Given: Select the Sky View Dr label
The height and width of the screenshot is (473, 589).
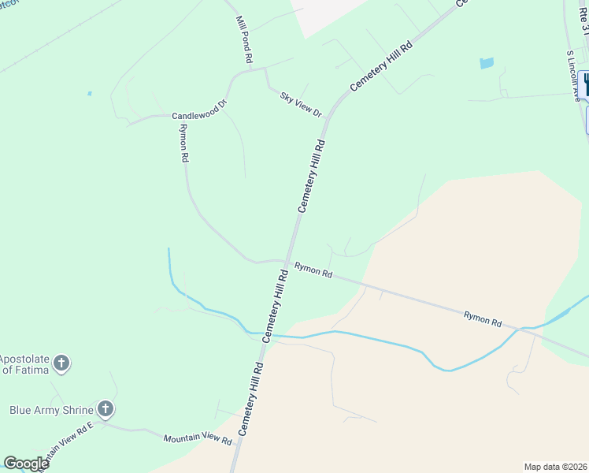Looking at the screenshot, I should point(301,104).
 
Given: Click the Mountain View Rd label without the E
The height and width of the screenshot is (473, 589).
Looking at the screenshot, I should point(198,438).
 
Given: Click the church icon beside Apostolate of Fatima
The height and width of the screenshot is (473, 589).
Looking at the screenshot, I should point(61,363).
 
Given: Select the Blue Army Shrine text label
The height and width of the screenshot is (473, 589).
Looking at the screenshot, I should point(51,409).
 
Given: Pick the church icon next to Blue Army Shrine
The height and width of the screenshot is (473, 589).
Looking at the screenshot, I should point(106,409).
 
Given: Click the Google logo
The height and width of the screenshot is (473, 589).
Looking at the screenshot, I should point(26,464).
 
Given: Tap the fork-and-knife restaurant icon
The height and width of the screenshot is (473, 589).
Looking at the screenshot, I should point(585,84).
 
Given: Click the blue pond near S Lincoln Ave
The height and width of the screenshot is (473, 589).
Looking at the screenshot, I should point(486,62).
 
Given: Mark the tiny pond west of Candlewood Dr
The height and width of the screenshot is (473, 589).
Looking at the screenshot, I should point(90,94).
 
